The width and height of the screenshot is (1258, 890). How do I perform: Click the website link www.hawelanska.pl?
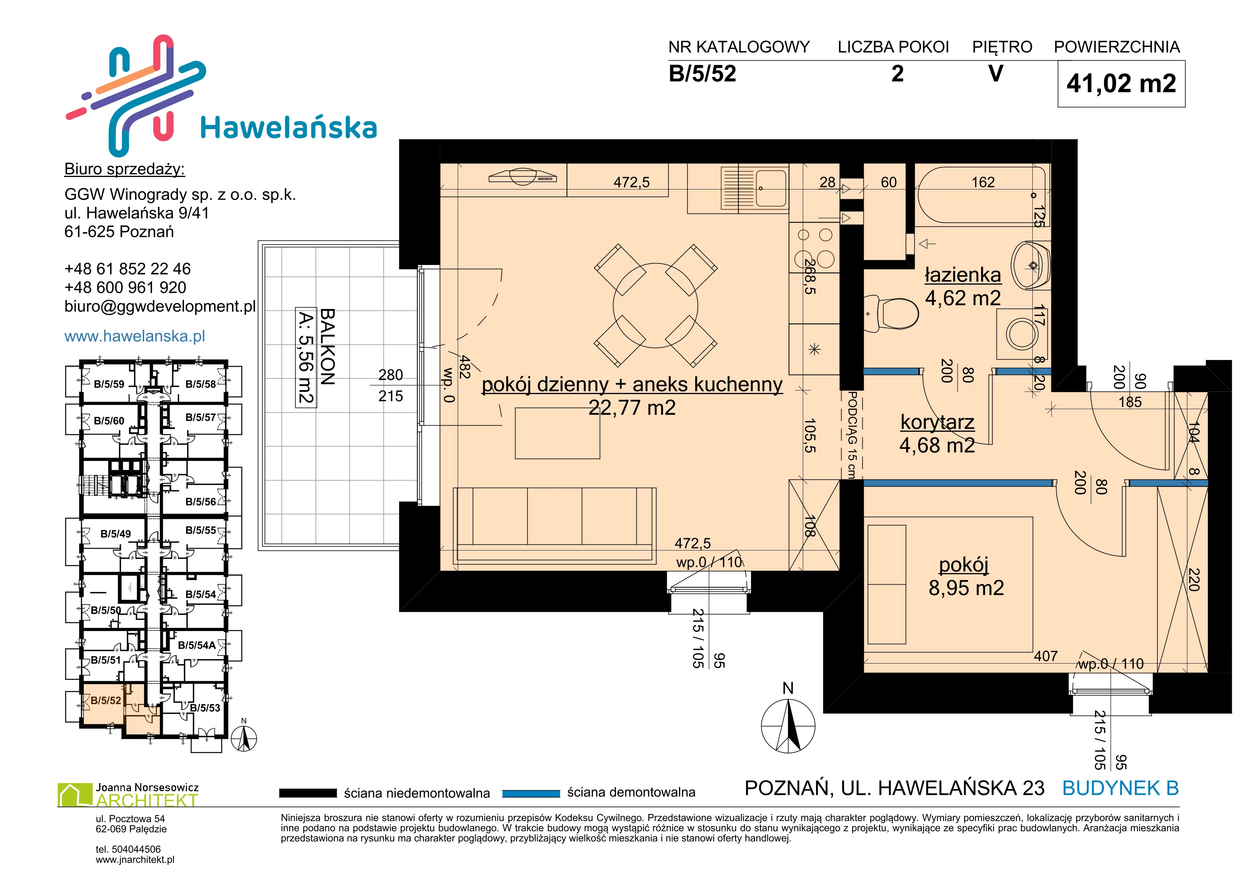point(135,336)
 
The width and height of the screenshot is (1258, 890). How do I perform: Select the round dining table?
point(655,306)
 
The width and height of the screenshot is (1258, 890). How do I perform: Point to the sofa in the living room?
point(555,525)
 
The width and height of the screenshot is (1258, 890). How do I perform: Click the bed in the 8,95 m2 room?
point(948,584)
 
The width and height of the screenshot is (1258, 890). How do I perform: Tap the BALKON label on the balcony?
point(327,347)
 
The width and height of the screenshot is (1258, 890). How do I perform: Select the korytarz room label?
point(937,422)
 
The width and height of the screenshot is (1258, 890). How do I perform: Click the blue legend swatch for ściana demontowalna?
point(531,793)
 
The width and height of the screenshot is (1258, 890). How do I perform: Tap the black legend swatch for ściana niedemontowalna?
point(307,793)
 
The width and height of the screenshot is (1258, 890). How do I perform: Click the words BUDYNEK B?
point(1121,788)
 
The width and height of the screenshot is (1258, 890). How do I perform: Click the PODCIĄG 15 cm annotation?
point(852,435)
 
